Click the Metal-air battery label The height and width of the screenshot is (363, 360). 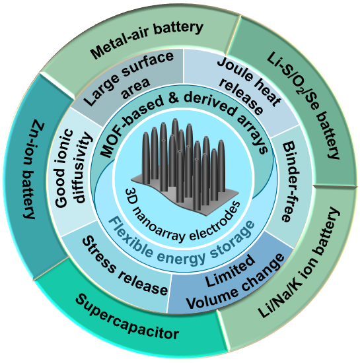click(x=147, y=39)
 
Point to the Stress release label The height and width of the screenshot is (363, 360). click(x=125, y=265)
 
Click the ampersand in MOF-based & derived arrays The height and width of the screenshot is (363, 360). click(x=174, y=98)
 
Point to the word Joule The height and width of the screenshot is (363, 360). click(x=234, y=69)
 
